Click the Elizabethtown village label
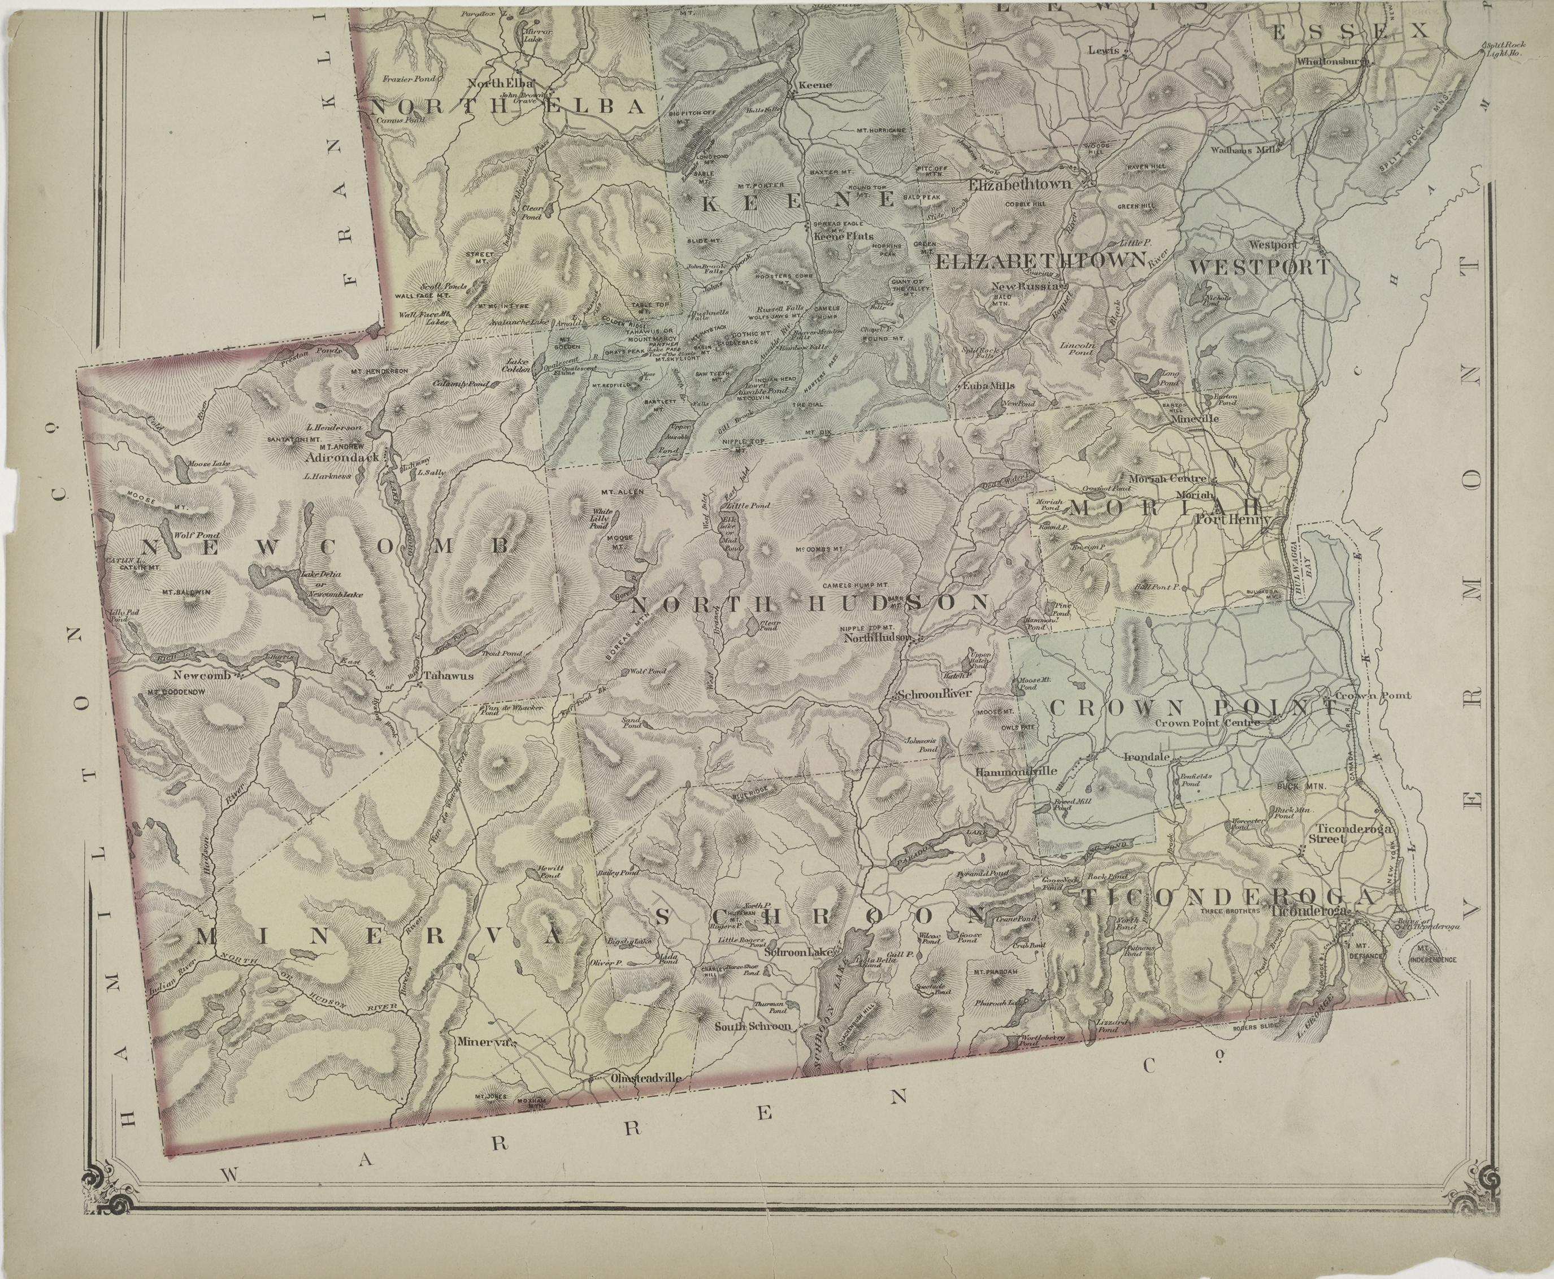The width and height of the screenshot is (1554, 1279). (x=1019, y=184)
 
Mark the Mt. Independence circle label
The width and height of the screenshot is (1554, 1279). (x=1433, y=960)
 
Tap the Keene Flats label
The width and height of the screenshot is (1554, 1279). (x=843, y=236)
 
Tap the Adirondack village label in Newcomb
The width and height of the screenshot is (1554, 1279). (x=342, y=456)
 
